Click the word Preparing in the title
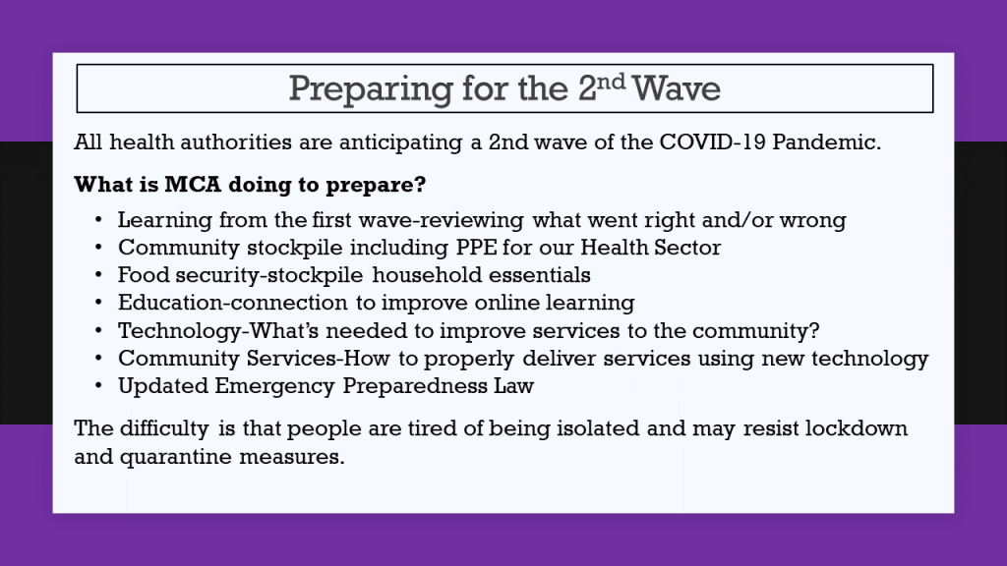371,89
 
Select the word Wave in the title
677,88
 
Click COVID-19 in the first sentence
712,141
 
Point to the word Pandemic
826,141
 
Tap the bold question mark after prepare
420,184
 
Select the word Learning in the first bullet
165,220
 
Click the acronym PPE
477,247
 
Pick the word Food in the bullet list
144,275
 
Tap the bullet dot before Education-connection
98,303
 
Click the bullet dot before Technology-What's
98,330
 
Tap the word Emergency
275,386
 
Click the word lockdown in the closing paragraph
857,428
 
